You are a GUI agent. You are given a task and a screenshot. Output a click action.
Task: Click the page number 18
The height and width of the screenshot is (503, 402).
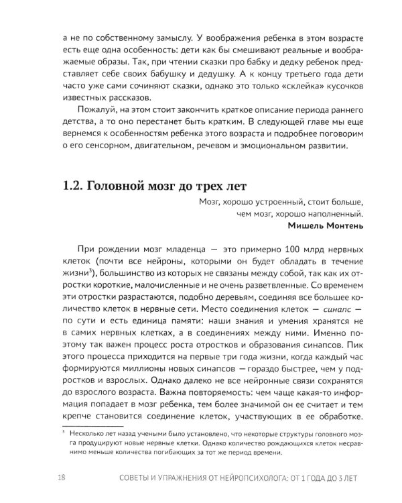pos(60,477)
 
